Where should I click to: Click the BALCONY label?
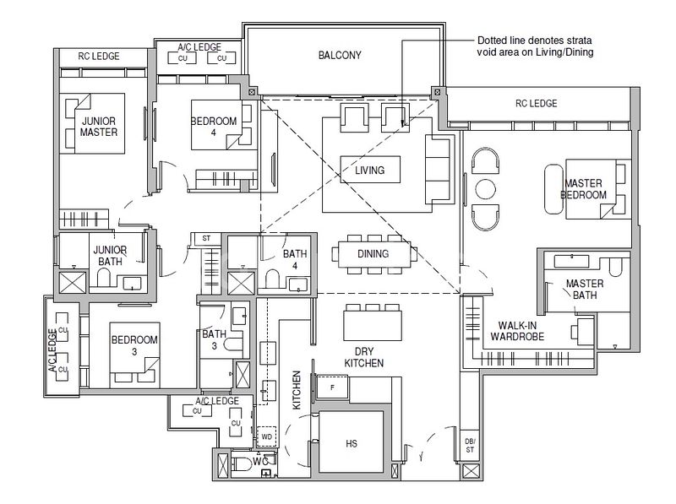340,56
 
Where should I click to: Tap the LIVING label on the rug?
369,171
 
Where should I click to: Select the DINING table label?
373,253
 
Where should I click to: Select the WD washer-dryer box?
266,436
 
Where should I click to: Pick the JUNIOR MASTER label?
99,127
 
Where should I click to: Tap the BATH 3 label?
214,339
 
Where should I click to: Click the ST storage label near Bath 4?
205,239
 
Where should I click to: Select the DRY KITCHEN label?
364,356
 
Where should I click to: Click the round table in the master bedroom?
486,188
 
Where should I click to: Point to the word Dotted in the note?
492,41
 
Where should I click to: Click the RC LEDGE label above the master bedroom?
536,104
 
